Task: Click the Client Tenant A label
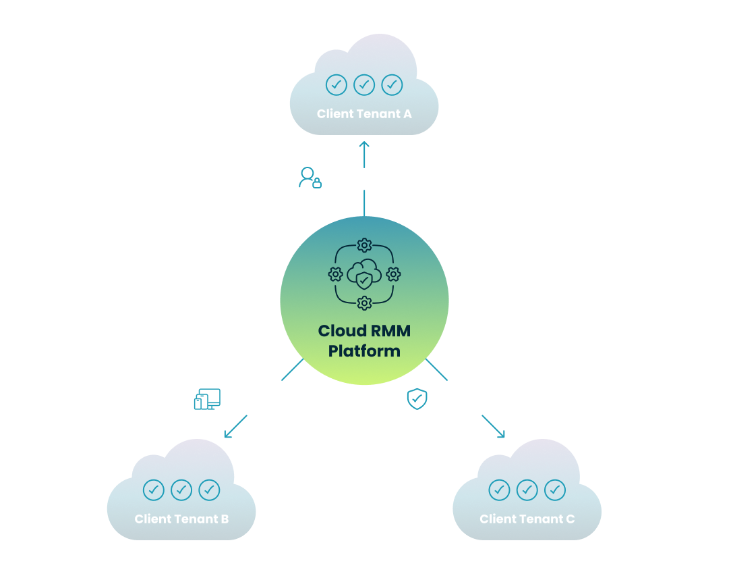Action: click(x=364, y=114)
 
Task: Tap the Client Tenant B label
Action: click(x=181, y=519)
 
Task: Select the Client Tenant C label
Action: click(x=527, y=519)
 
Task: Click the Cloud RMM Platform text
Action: click(x=364, y=341)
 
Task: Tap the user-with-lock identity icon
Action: click(x=310, y=178)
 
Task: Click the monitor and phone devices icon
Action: click(x=207, y=399)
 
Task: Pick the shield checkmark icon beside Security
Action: click(x=417, y=399)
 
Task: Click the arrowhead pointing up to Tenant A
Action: click(x=364, y=145)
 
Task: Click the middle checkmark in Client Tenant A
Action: click(x=364, y=84)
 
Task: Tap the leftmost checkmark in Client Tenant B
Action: click(x=154, y=490)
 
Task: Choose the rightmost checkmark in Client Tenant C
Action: click(x=554, y=490)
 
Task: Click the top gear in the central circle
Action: click(x=364, y=245)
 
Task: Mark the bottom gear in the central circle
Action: click(x=364, y=303)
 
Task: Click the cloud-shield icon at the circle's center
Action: click(x=364, y=274)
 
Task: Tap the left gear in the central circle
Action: click(x=335, y=274)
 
